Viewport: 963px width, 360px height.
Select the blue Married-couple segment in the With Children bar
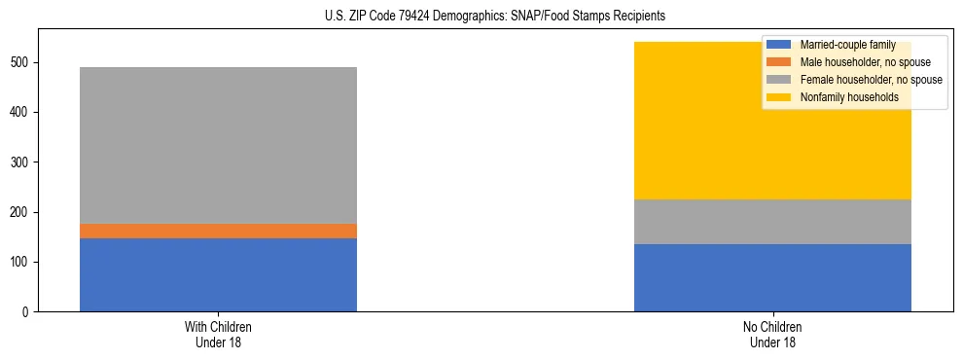[218, 274]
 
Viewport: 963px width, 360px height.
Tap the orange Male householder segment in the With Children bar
[218, 231]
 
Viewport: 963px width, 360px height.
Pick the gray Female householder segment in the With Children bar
[218, 145]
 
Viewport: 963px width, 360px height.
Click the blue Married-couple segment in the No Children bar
[772, 277]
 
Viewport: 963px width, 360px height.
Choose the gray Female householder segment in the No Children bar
[772, 222]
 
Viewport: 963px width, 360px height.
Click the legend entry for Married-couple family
[846, 45]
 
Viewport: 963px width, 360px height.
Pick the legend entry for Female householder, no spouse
[870, 80]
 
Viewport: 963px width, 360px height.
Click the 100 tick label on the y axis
[21, 263]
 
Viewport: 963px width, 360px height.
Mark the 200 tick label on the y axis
[21, 212]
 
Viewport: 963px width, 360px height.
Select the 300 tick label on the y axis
[21, 162]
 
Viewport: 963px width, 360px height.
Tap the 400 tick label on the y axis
[21, 113]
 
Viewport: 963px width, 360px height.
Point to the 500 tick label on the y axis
[21, 62]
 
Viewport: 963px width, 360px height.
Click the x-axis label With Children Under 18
[218, 334]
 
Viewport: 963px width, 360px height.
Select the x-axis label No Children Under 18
[772, 334]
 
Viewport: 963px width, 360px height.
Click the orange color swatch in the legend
[779, 62]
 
